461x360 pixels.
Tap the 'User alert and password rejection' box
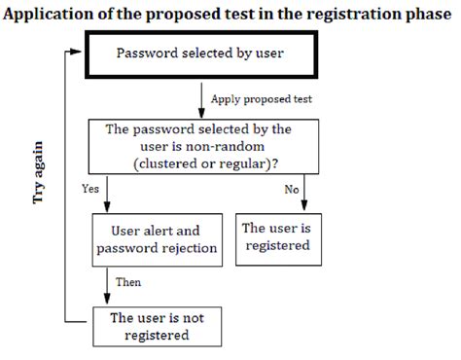point(155,240)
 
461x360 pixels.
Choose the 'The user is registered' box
point(276,236)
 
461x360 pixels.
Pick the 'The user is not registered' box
point(155,327)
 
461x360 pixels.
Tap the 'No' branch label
point(291,190)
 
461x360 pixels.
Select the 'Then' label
point(128,284)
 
